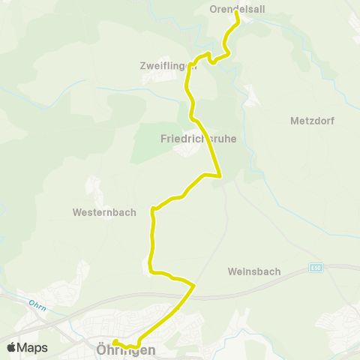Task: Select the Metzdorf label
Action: click(312, 120)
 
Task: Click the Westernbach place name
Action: click(104, 212)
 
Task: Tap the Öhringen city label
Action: click(126, 349)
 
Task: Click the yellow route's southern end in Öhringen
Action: click(115, 341)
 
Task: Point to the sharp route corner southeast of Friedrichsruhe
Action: click(220, 176)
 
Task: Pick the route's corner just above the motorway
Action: click(194, 285)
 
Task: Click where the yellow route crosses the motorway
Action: click(184, 296)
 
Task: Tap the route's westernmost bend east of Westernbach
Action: click(153, 209)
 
